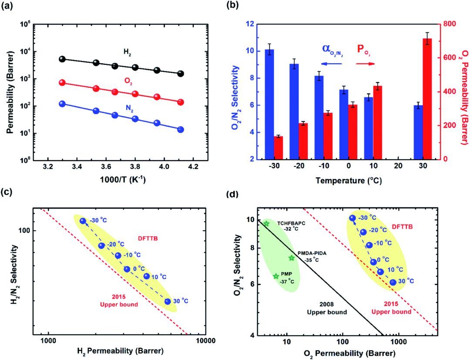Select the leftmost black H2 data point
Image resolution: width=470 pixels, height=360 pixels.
pyautogui.click(x=62, y=59)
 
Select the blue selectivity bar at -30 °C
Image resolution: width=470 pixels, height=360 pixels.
pyautogui.click(x=269, y=104)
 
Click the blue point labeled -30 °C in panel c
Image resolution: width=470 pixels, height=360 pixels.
pyautogui.click(x=83, y=221)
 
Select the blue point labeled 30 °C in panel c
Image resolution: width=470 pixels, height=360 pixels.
pyautogui.click(x=168, y=301)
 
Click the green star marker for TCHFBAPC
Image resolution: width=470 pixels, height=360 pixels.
pyautogui.click(x=266, y=224)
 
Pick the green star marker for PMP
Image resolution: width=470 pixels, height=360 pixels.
pyautogui.click(x=275, y=276)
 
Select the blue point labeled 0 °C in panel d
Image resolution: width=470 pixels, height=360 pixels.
pyautogui.click(x=373, y=262)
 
